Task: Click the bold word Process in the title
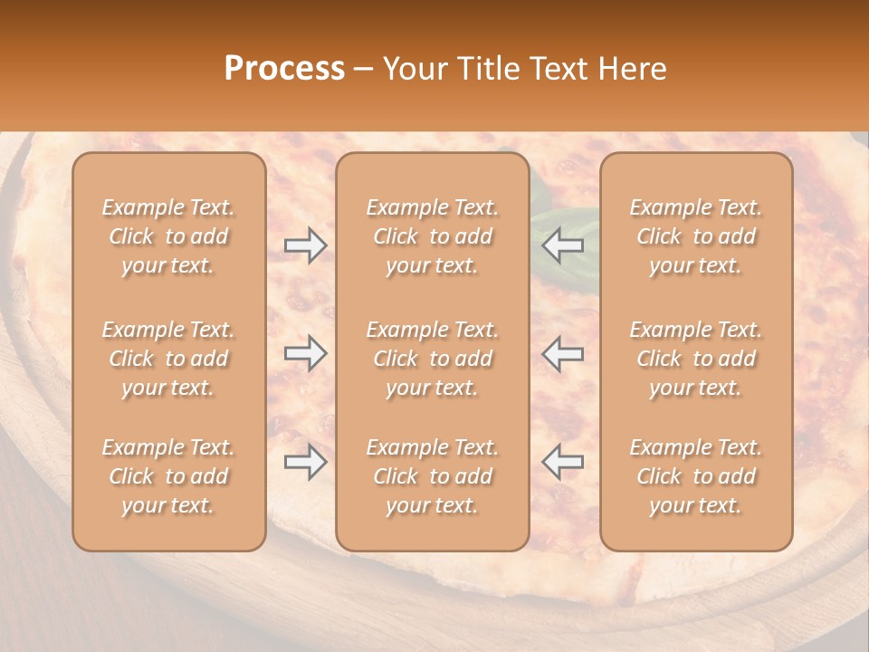pos(284,69)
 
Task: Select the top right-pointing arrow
pos(305,245)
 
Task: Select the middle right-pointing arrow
pos(305,353)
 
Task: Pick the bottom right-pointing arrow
pos(305,462)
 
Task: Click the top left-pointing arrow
pos(562,245)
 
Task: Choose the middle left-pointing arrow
pos(562,353)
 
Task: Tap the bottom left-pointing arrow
pos(562,462)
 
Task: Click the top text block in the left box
pos(168,236)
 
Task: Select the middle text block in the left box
pos(168,359)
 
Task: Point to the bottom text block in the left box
pos(168,476)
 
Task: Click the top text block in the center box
pos(433,236)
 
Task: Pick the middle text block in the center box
pos(433,359)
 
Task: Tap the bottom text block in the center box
pos(433,476)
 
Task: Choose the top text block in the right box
pos(696,236)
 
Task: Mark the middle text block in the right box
pos(696,359)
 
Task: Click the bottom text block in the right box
pos(696,476)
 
